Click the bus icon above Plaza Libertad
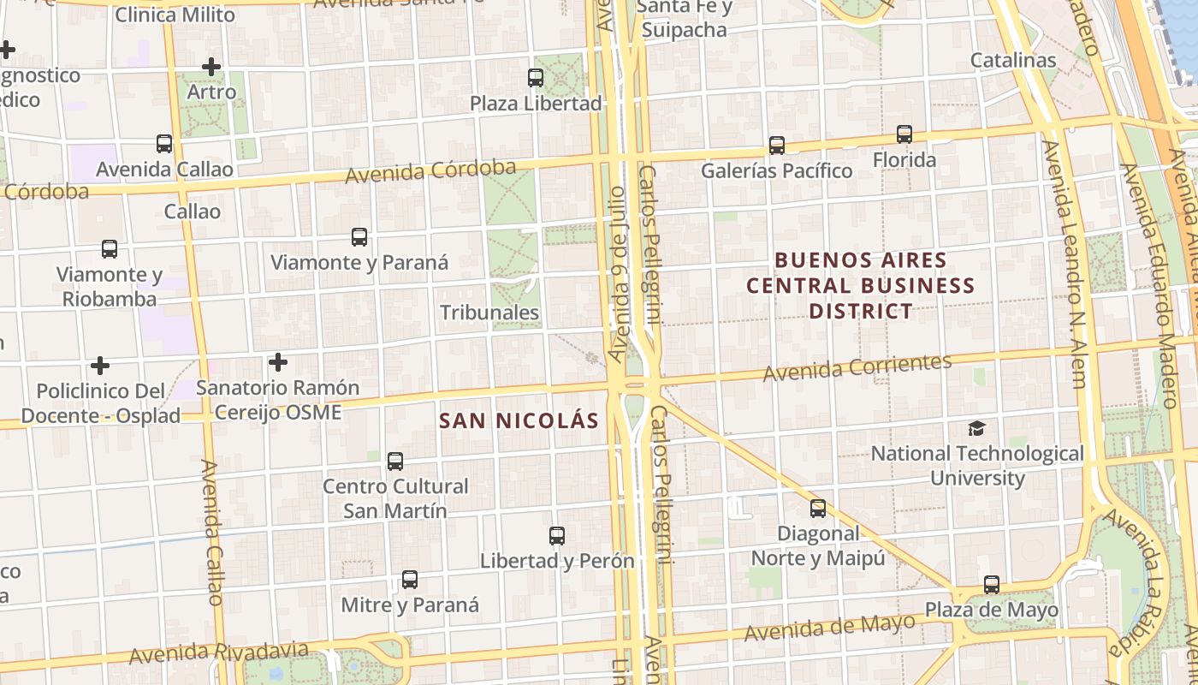pos(536,78)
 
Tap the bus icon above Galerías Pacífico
pos(777,146)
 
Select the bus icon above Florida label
pos(904,134)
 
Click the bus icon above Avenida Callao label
pos(164,144)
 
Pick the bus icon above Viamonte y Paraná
pos(359,237)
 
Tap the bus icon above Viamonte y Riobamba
pos(110,249)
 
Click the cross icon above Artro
pos(211,66)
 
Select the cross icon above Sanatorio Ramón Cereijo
pos(277,362)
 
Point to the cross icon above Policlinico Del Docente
pos(100,366)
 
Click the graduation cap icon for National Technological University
pos(976,428)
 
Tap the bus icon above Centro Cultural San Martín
pos(395,462)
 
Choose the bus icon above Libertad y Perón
pos(557,536)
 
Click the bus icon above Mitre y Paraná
pos(410,580)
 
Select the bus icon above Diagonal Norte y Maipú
pos(818,509)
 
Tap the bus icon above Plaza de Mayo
pos(992,585)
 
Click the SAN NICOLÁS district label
pos(519,420)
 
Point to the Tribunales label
pos(489,313)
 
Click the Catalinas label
pos(1013,61)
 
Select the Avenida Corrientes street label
pos(857,367)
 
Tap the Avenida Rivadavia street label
pos(219,652)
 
